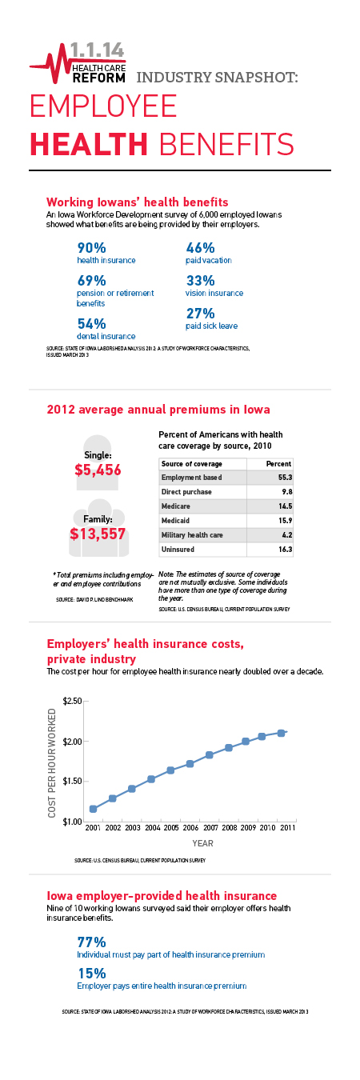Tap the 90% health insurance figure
pyautogui.click(x=91, y=248)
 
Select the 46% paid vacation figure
pyautogui.click(x=200, y=248)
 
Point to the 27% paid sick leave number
pyautogui.click(x=200, y=314)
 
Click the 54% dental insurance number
pyautogui.click(x=91, y=323)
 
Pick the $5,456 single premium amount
pyautogui.click(x=98, y=470)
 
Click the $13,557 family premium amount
pyautogui.click(x=98, y=534)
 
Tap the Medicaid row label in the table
pyautogui.click(x=175, y=521)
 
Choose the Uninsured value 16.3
pyautogui.click(x=286, y=549)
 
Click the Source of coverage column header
pyautogui.click(x=192, y=464)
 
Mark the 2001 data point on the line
pyautogui.click(x=93, y=809)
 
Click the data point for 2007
pyautogui.click(x=209, y=755)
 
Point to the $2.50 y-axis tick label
pyautogui.click(x=72, y=701)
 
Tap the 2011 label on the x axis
pyautogui.click(x=288, y=828)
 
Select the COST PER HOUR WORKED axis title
pyautogui.click(x=51, y=763)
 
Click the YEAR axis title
pyautogui.click(x=203, y=843)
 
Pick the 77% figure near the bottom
pyautogui.click(x=91, y=942)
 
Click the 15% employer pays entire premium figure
pyautogui.click(x=91, y=974)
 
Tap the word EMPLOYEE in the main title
pyautogui.click(x=104, y=106)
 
